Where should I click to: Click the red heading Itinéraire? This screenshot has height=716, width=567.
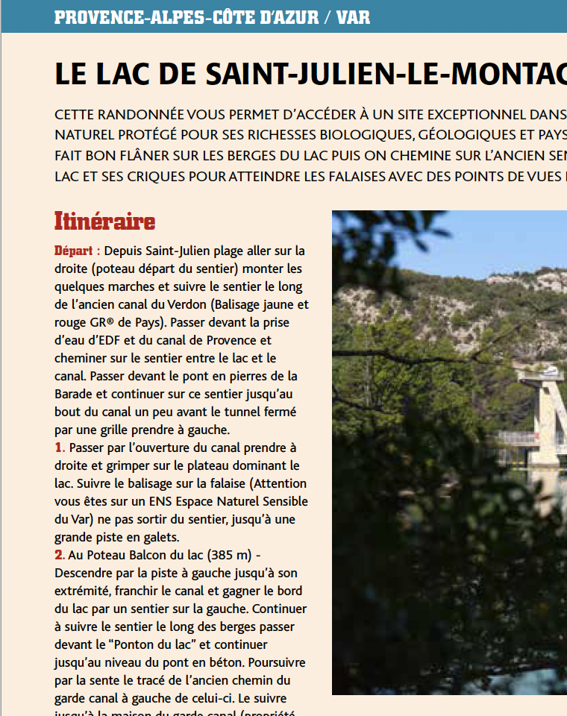[x=104, y=222]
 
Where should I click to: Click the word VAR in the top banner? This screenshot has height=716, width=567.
[x=353, y=16]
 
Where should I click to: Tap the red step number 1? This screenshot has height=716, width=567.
[x=59, y=447]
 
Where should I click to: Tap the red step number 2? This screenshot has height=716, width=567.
[x=59, y=555]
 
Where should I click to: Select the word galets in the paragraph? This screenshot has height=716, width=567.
[x=160, y=537]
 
